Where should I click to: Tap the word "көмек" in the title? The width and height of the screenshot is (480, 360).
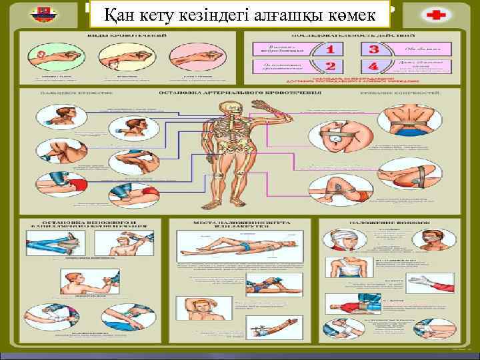coord(350,14)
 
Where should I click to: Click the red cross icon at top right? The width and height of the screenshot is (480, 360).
coord(439,15)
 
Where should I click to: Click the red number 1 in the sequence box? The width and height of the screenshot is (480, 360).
coord(330,49)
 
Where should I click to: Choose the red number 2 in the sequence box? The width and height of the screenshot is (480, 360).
coord(330,66)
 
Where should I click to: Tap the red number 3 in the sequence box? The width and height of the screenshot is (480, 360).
coord(374,49)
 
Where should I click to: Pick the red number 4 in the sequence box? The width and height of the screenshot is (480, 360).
coord(374,66)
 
